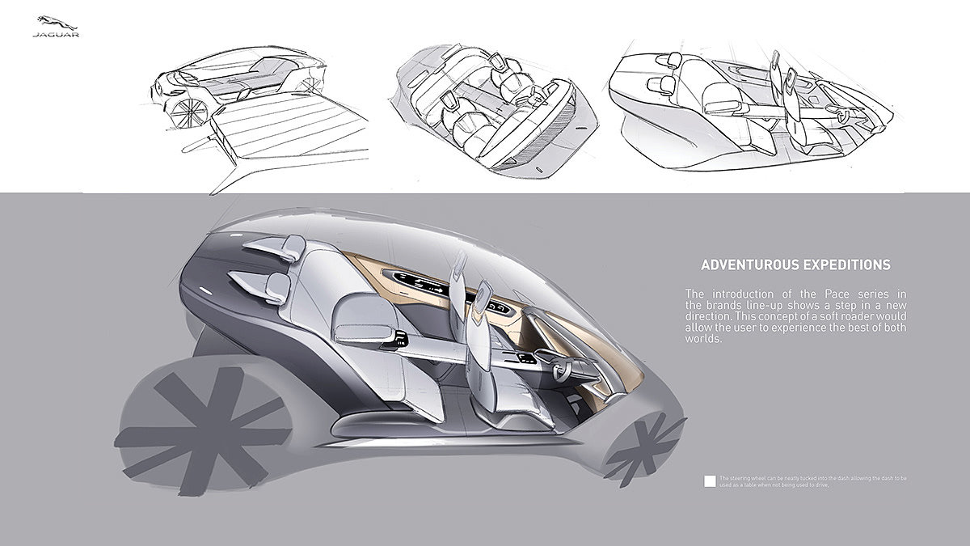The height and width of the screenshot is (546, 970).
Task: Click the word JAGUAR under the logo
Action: pyautogui.click(x=55, y=35)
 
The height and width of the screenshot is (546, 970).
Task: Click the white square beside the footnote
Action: pyautogui.click(x=710, y=480)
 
